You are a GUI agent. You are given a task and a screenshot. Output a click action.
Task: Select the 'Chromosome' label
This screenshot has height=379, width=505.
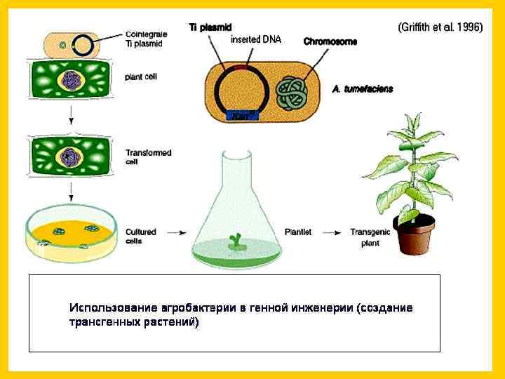[330, 41]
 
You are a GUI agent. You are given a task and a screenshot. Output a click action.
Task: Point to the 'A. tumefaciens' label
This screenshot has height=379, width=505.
[363, 89]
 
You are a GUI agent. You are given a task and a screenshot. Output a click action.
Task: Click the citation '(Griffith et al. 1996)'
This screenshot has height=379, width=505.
[440, 27]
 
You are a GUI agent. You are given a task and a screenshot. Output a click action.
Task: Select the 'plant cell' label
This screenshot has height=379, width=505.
[140, 77]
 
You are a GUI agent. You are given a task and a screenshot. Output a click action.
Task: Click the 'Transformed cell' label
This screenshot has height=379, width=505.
[147, 157]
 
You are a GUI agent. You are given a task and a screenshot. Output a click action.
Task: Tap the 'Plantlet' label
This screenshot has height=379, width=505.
[303, 231]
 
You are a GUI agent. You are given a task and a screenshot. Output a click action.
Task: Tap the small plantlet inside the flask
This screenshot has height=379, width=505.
[235, 241]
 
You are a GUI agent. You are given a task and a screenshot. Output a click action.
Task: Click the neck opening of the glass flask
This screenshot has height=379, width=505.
[236, 153]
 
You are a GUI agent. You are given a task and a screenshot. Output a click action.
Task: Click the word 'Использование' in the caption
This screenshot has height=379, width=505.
[114, 308]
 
